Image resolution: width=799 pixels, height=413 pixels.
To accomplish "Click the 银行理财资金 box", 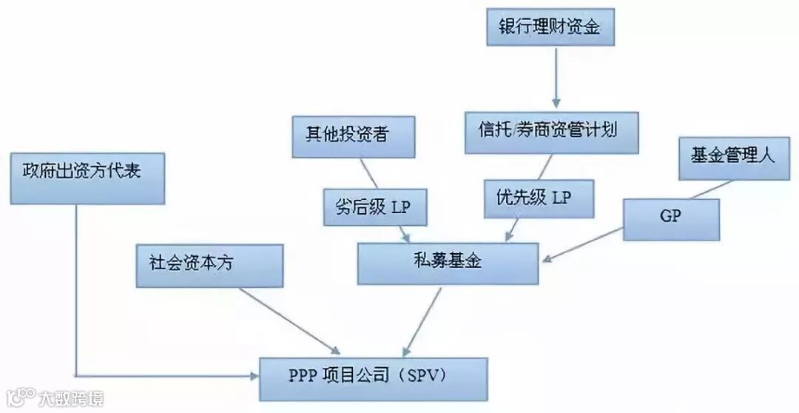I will tap(551, 27).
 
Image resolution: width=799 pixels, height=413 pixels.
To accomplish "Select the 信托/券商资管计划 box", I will tap(552, 132).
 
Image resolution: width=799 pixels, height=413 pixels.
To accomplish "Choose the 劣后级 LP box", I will tap(376, 207).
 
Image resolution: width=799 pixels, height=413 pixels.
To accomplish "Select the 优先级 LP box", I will tap(539, 198).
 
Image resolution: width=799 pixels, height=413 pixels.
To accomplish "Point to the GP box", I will tap(672, 219).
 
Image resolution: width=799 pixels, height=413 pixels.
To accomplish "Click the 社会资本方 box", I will tap(209, 265).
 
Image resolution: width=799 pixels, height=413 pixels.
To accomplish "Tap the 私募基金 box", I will tap(448, 263).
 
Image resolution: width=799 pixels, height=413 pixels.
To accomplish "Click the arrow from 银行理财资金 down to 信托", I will tap(555, 78).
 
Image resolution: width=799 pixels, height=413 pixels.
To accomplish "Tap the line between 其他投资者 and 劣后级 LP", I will tap(371, 173).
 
